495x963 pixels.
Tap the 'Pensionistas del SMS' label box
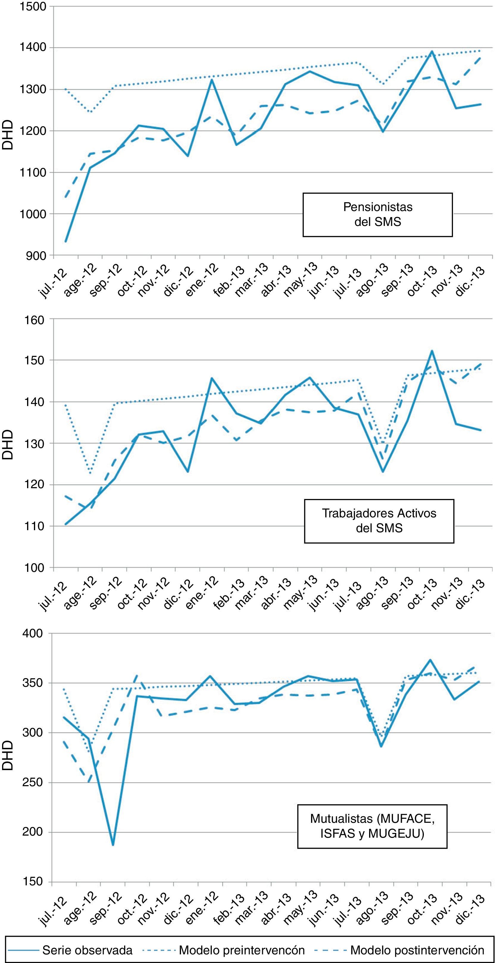pos(378,215)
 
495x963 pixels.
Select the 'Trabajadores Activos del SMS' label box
pos(379,521)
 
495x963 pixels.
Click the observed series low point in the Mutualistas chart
pos(113,835)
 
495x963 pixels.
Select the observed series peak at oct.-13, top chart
pos(431,51)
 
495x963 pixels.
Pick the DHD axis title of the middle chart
pos(7,444)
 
